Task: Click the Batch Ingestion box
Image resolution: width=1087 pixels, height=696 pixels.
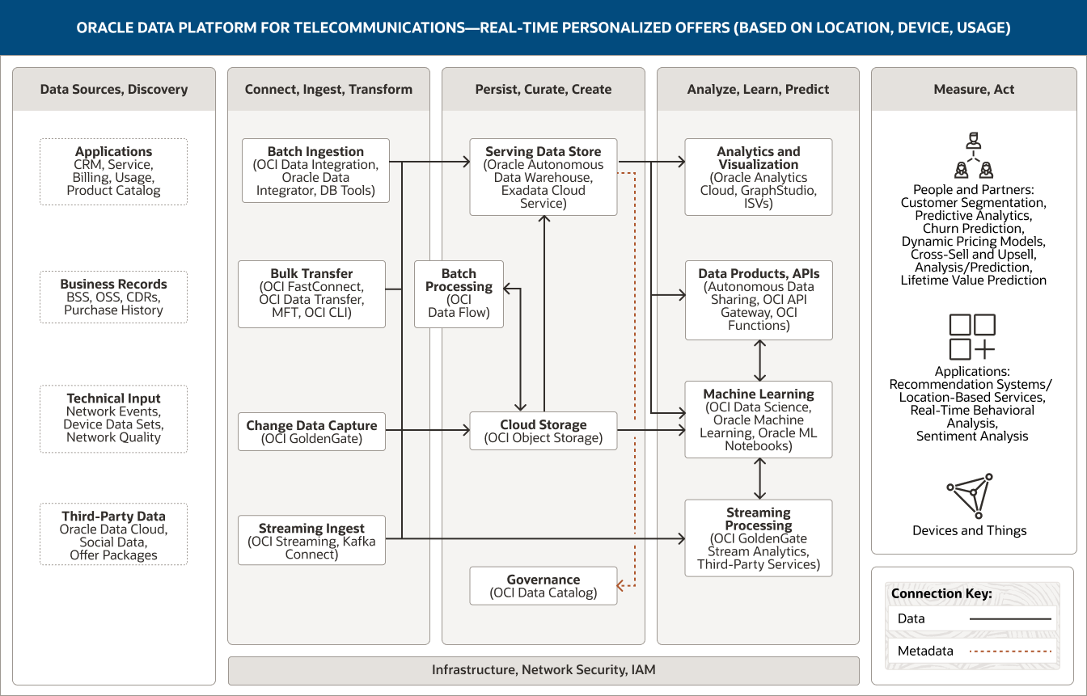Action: click(315, 171)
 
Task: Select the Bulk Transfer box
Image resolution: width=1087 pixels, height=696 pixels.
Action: click(311, 293)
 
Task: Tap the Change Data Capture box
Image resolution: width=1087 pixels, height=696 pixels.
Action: click(311, 432)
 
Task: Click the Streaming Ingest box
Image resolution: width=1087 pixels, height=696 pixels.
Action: click(311, 541)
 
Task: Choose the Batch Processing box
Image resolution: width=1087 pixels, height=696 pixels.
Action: click(459, 293)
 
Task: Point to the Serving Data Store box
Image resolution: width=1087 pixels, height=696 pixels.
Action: click(543, 177)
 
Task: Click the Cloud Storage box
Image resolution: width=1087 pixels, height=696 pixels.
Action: click(543, 431)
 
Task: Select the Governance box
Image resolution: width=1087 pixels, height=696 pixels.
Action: click(543, 586)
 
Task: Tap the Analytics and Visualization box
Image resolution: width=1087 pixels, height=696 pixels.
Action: click(758, 177)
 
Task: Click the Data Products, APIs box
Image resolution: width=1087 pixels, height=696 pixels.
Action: click(758, 300)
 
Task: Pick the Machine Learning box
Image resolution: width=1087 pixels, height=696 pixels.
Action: click(758, 420)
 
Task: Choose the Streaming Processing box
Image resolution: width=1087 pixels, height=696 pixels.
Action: click(758, 538)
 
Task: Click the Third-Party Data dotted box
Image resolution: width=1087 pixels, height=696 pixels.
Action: click(113, 535)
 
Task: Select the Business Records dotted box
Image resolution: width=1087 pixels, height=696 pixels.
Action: click(113, 297)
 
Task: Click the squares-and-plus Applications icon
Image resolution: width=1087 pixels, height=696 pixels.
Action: click(972, 337)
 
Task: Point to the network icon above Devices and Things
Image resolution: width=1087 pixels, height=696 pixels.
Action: click(972, 498)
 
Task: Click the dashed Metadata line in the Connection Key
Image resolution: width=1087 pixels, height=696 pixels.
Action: click(1009, 651)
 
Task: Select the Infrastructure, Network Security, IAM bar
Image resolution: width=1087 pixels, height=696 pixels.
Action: click(543, 670)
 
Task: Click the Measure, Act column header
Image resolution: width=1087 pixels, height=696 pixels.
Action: click(973, 89)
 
